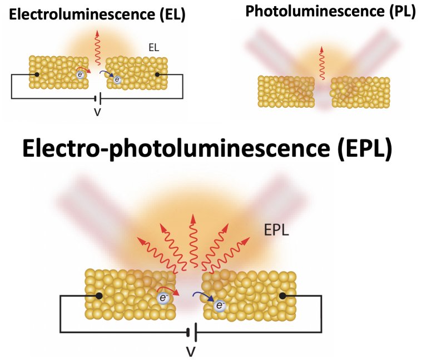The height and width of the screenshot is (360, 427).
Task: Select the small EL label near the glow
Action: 153,48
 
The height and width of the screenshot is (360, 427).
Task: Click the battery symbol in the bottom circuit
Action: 192,332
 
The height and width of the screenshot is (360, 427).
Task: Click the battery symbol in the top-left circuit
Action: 97,99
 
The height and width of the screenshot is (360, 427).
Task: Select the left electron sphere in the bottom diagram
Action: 163,298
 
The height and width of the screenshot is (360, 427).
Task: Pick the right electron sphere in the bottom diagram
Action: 220,305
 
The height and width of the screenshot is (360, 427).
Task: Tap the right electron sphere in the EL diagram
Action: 117,79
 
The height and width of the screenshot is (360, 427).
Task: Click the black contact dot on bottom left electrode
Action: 99,296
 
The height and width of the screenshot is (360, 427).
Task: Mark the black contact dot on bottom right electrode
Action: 282,296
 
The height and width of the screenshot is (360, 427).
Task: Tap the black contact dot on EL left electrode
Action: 37,74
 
